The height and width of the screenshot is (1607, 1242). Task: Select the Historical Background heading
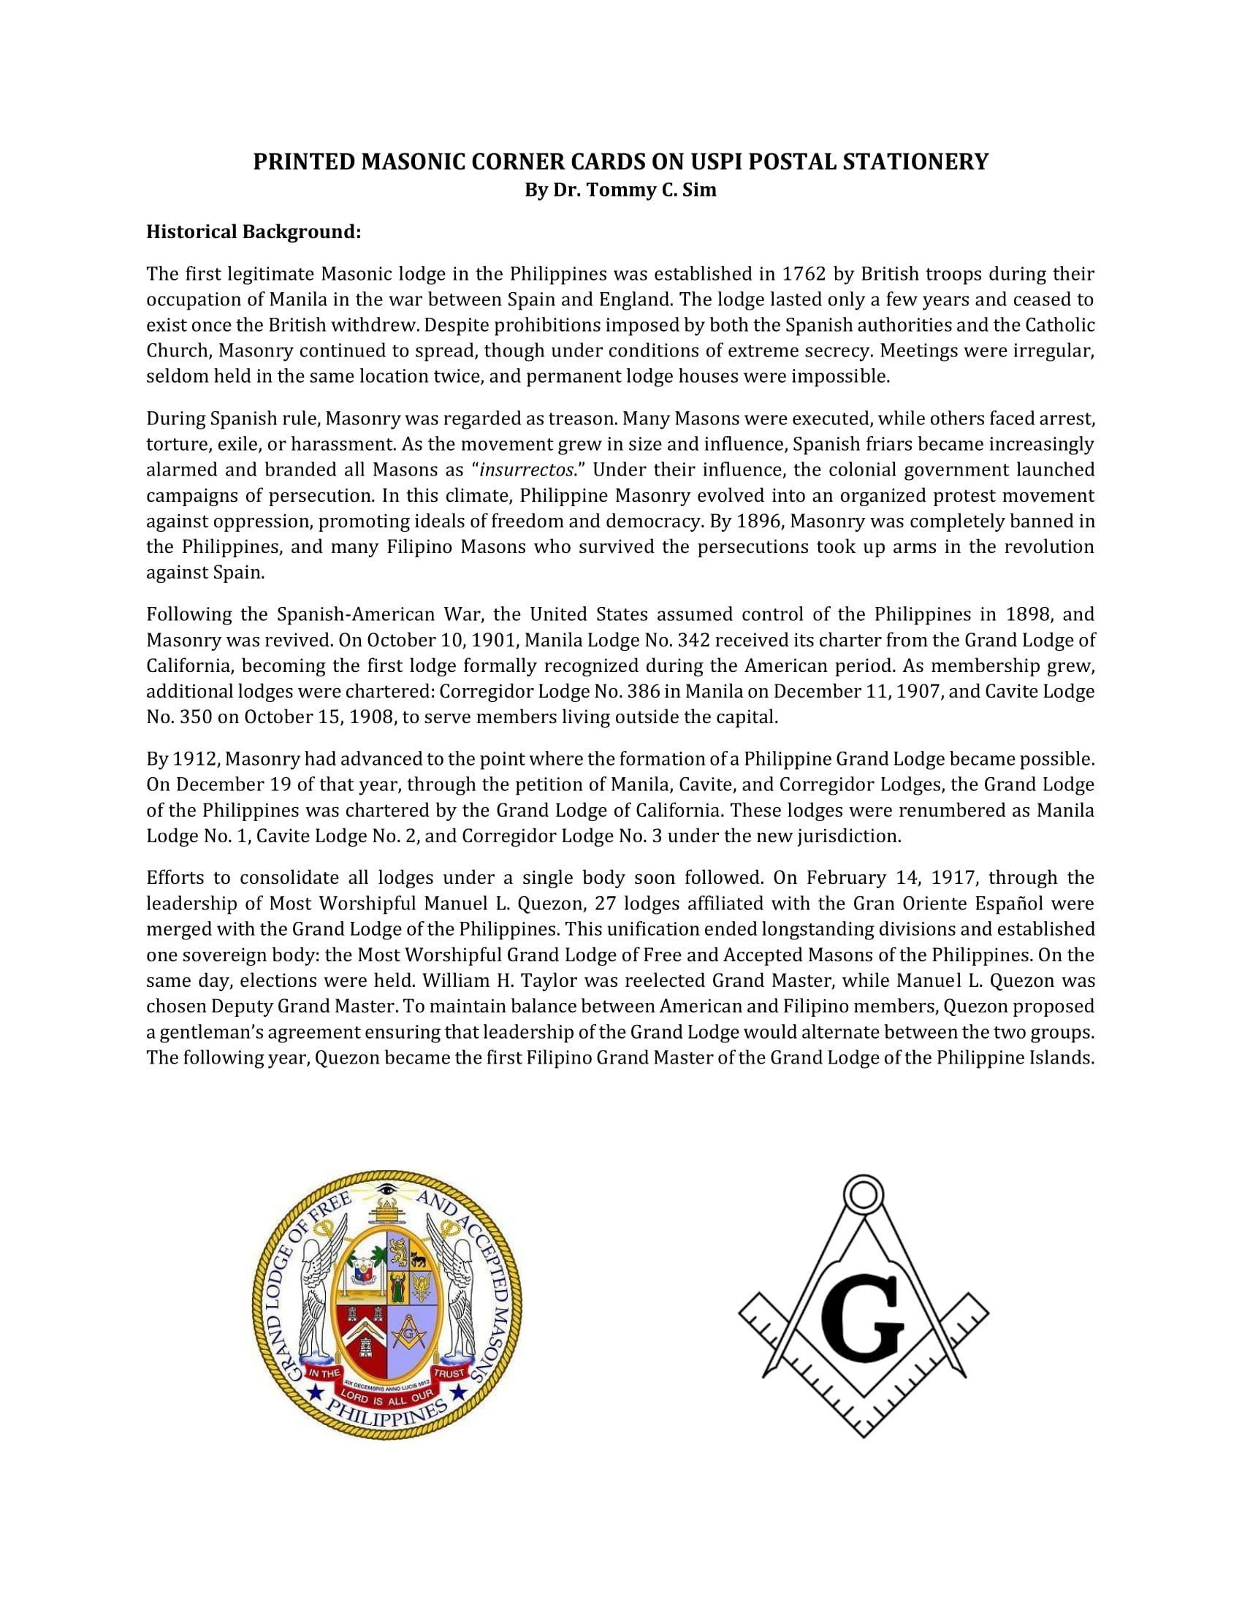pos(253,232)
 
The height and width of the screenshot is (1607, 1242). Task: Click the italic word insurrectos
pos(525,470)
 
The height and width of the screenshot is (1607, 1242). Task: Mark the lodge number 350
pos(195,717)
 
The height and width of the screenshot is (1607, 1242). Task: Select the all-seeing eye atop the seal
pos(386,1189)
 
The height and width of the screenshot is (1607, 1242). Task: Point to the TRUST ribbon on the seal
pos(449,1373)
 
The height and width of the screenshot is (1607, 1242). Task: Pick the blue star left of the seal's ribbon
pos(316,1392)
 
